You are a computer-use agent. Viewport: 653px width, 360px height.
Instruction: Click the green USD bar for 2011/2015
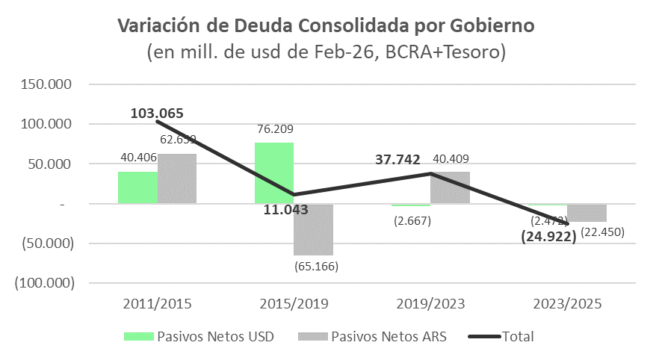click(137, 187)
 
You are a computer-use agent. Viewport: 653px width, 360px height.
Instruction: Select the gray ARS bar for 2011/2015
click(177, 179)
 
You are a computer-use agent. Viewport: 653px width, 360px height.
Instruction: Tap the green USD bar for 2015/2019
click(274, 173)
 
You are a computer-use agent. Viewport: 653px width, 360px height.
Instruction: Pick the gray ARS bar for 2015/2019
click(313, 229)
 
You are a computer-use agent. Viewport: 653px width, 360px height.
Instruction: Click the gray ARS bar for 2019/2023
click(450, 187)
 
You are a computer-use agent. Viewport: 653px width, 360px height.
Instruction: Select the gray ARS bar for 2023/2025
click(587, 213)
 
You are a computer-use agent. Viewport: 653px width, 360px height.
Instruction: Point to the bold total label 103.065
click(157, 114)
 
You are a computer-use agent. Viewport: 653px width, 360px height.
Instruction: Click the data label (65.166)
click(314, 265)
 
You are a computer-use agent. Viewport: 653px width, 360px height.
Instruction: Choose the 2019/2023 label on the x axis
click(430, 304)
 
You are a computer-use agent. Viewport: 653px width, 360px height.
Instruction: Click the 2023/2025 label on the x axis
click(567, 304)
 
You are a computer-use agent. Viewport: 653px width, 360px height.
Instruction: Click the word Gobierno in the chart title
click(493, 26)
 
